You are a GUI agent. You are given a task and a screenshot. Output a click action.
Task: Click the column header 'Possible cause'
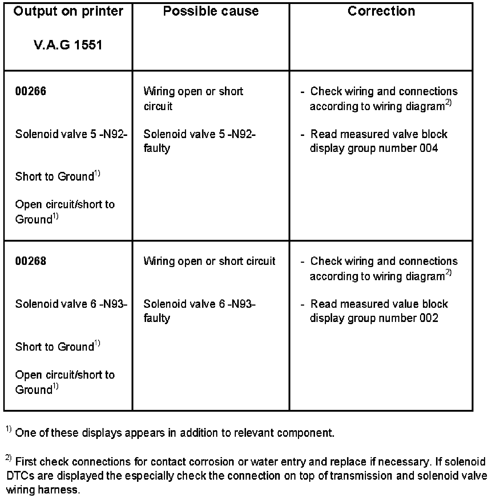(x=211, y=11)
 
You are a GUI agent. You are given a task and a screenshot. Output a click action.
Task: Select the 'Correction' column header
(x=381, y=11)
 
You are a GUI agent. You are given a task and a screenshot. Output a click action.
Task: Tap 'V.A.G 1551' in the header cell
(x=68, y=45)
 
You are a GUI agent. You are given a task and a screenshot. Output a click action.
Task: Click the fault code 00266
(x=31, y=91)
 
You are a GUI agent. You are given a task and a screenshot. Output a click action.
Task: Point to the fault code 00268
(x=31, y=261)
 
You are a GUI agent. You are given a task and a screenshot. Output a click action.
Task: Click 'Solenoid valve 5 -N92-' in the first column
(x=71, y=134)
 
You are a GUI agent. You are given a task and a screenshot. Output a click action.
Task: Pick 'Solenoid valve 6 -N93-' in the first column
(x=71, y=304)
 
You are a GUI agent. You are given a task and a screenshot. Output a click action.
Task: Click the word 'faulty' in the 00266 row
(x=157, y=148)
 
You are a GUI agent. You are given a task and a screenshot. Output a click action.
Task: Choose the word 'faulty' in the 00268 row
(x=157, y=318)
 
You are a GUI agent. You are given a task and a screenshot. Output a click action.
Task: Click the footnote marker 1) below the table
(x=8, y=430)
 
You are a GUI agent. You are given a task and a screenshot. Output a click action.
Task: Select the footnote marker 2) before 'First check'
(x=9, y=459)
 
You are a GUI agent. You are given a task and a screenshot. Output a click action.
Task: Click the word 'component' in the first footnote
(x=305, y=433)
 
